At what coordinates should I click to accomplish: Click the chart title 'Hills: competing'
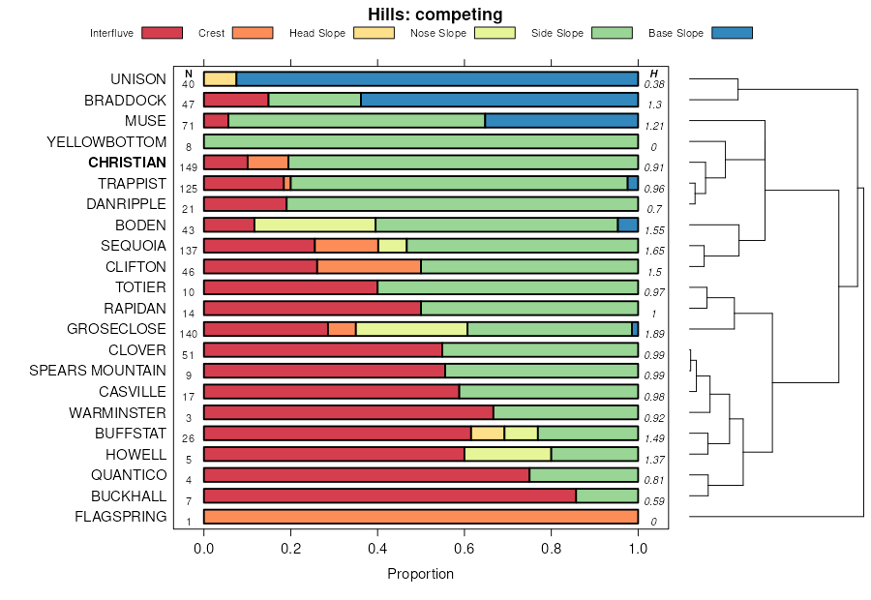tap(435, 15)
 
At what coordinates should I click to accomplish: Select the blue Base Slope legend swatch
tap(732, 33)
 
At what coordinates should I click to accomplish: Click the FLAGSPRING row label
tap(120, 516)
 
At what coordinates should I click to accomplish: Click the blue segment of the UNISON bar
tap(436, 79)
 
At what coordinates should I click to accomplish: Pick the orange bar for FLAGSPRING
tap(420, 516)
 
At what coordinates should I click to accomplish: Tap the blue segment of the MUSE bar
tap(561, 121)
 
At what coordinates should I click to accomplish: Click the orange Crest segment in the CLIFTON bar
tap(369, 266)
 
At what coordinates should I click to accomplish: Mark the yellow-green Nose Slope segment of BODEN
tap(315, 225)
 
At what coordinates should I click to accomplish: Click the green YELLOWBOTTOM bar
tap(420, 141)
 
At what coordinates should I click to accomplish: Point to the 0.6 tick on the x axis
tap(465, 548)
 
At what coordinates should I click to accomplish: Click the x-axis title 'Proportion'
tap(420, 574)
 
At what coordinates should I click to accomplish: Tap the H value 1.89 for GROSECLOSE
tap(654, 334)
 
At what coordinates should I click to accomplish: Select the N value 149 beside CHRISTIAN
tap(188, 167)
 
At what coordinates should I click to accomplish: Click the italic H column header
tap(654, 74)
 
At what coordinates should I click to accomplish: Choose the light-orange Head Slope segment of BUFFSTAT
tap(488, 433)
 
